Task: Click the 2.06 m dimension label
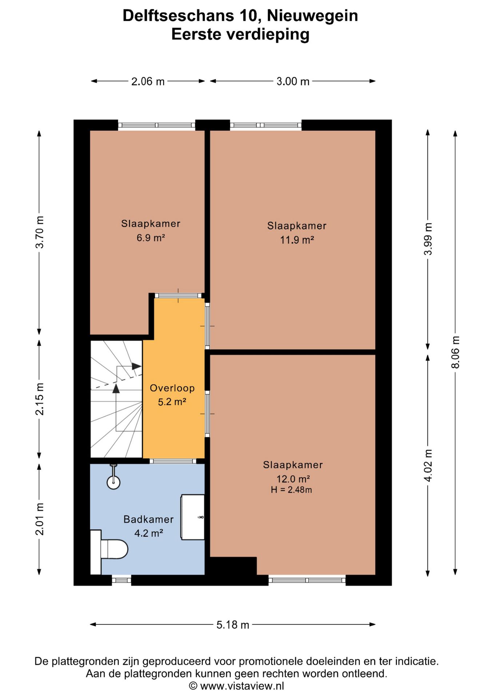[x=148, y=81]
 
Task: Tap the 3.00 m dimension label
[x=293, y=81]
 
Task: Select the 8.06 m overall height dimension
[x=455, y=352]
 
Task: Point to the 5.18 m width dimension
[x=233, y=625]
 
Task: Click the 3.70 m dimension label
[x=40, y=232]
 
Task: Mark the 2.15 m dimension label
[x=40, y=399]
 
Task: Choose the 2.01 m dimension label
[x=40, y=519]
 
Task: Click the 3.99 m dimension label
[x=428, y=239]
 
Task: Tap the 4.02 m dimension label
[x=428, y=465]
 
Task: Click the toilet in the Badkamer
[x=109, y=552]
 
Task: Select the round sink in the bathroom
[x=113, y=482]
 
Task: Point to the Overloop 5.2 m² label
[x=172, y=395]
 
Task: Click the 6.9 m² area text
[x=151, y=238]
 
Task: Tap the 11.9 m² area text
[x=297, y=240]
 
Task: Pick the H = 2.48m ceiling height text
[x=291, y=490]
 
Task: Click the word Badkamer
[x=148, y=519]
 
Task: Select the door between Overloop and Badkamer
[x=173, y=461]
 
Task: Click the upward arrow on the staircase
[x=116, y=388]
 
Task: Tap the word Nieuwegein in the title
[x=312, y=16]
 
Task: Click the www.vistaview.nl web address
[x=242, y=686]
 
